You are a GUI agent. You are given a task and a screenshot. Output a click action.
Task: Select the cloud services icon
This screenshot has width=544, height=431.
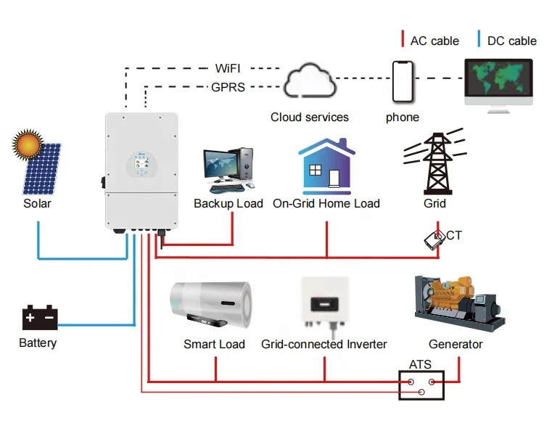pyautogui.click(x=310, y=83)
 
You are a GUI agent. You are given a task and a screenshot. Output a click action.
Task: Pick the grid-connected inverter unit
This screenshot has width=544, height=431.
pyautogui.click(x=324, y=303)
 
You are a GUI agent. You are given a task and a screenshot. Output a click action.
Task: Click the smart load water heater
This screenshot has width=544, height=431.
pyautogui.click(x=211, y=305)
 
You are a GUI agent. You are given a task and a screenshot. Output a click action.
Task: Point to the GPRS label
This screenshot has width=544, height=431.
pyautogui.click(x=228, y=87)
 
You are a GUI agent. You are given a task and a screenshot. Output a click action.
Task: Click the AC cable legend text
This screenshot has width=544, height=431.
pyautogui.click(x=434, y=41)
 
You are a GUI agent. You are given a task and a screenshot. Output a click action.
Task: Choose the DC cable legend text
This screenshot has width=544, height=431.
pyautogui.click(x=511, y=41)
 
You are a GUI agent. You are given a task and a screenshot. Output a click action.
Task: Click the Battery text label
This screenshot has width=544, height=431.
pyautogui.click(x=38, y=342)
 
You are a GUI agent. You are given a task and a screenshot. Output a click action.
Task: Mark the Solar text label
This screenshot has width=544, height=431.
pyautogui.click(x=38, y=204)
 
